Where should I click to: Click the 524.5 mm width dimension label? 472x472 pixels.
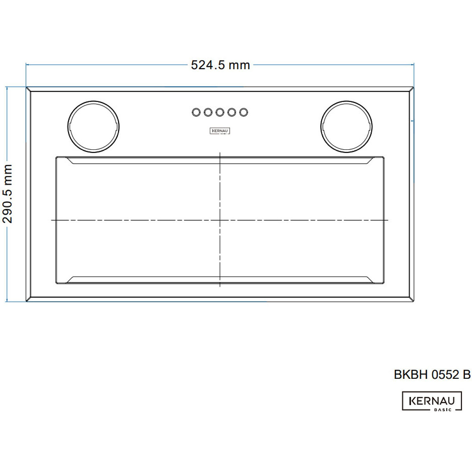pos(220,65)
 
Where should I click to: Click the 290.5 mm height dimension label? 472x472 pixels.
pos(7,194)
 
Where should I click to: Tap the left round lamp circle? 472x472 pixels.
pos(94,101)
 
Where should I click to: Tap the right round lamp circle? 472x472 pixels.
pos(347,101)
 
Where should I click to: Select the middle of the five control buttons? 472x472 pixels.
pos(220,112)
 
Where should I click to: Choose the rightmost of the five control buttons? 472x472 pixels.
pos(243,112)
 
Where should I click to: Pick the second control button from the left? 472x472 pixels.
pos(208,112)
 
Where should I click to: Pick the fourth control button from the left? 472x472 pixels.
pos(232,112)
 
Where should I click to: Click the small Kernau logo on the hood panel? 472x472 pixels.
pos(220,131)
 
